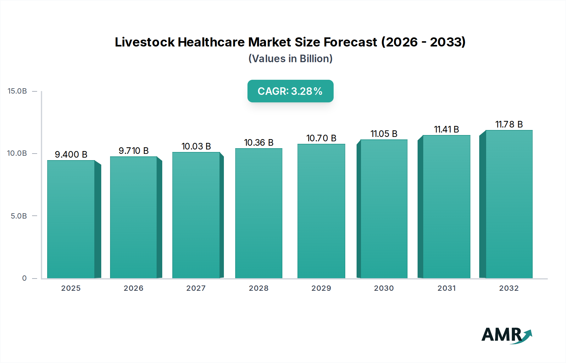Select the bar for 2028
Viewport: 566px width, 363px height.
click(258, 214)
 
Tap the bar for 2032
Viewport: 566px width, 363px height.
click(509, 204)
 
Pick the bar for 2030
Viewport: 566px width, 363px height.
click(384, 209)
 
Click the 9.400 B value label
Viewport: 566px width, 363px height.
click(71, 154)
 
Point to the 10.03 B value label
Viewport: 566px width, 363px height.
click(196, 146)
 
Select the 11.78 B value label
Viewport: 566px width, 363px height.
click(509, 124)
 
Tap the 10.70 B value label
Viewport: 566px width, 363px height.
click(321, 138)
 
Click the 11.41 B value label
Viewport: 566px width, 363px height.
click(446, 129)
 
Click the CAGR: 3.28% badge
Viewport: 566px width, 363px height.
click(290, 91)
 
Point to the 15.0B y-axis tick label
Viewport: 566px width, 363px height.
click(17, 91)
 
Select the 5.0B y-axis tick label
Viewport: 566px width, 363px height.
click(19, 216)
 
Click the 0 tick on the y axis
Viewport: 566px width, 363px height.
click(25, 278)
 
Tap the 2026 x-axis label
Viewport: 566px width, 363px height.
click(133, 288)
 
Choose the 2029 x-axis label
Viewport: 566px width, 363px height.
click(321, 288)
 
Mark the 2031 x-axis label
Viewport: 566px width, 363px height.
click(447, 288)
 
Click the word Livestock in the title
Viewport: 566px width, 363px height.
click(145, 42)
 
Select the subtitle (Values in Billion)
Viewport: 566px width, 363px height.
click(290, 59)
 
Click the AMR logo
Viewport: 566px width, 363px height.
click(506, 335)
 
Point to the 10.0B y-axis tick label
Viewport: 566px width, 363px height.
click(17, 153)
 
